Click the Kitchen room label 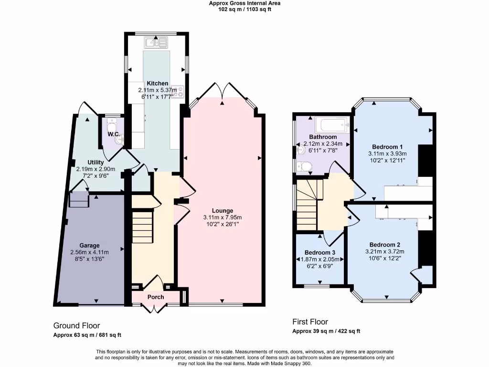point(157,83)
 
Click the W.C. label point(113,134)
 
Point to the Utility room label point(96,162)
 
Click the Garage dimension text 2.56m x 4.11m point(89,252)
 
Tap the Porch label point(156,297)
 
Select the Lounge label point(223,210)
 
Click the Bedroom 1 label point(387,147)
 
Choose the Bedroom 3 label point(320,253)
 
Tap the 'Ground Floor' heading point(76,325)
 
